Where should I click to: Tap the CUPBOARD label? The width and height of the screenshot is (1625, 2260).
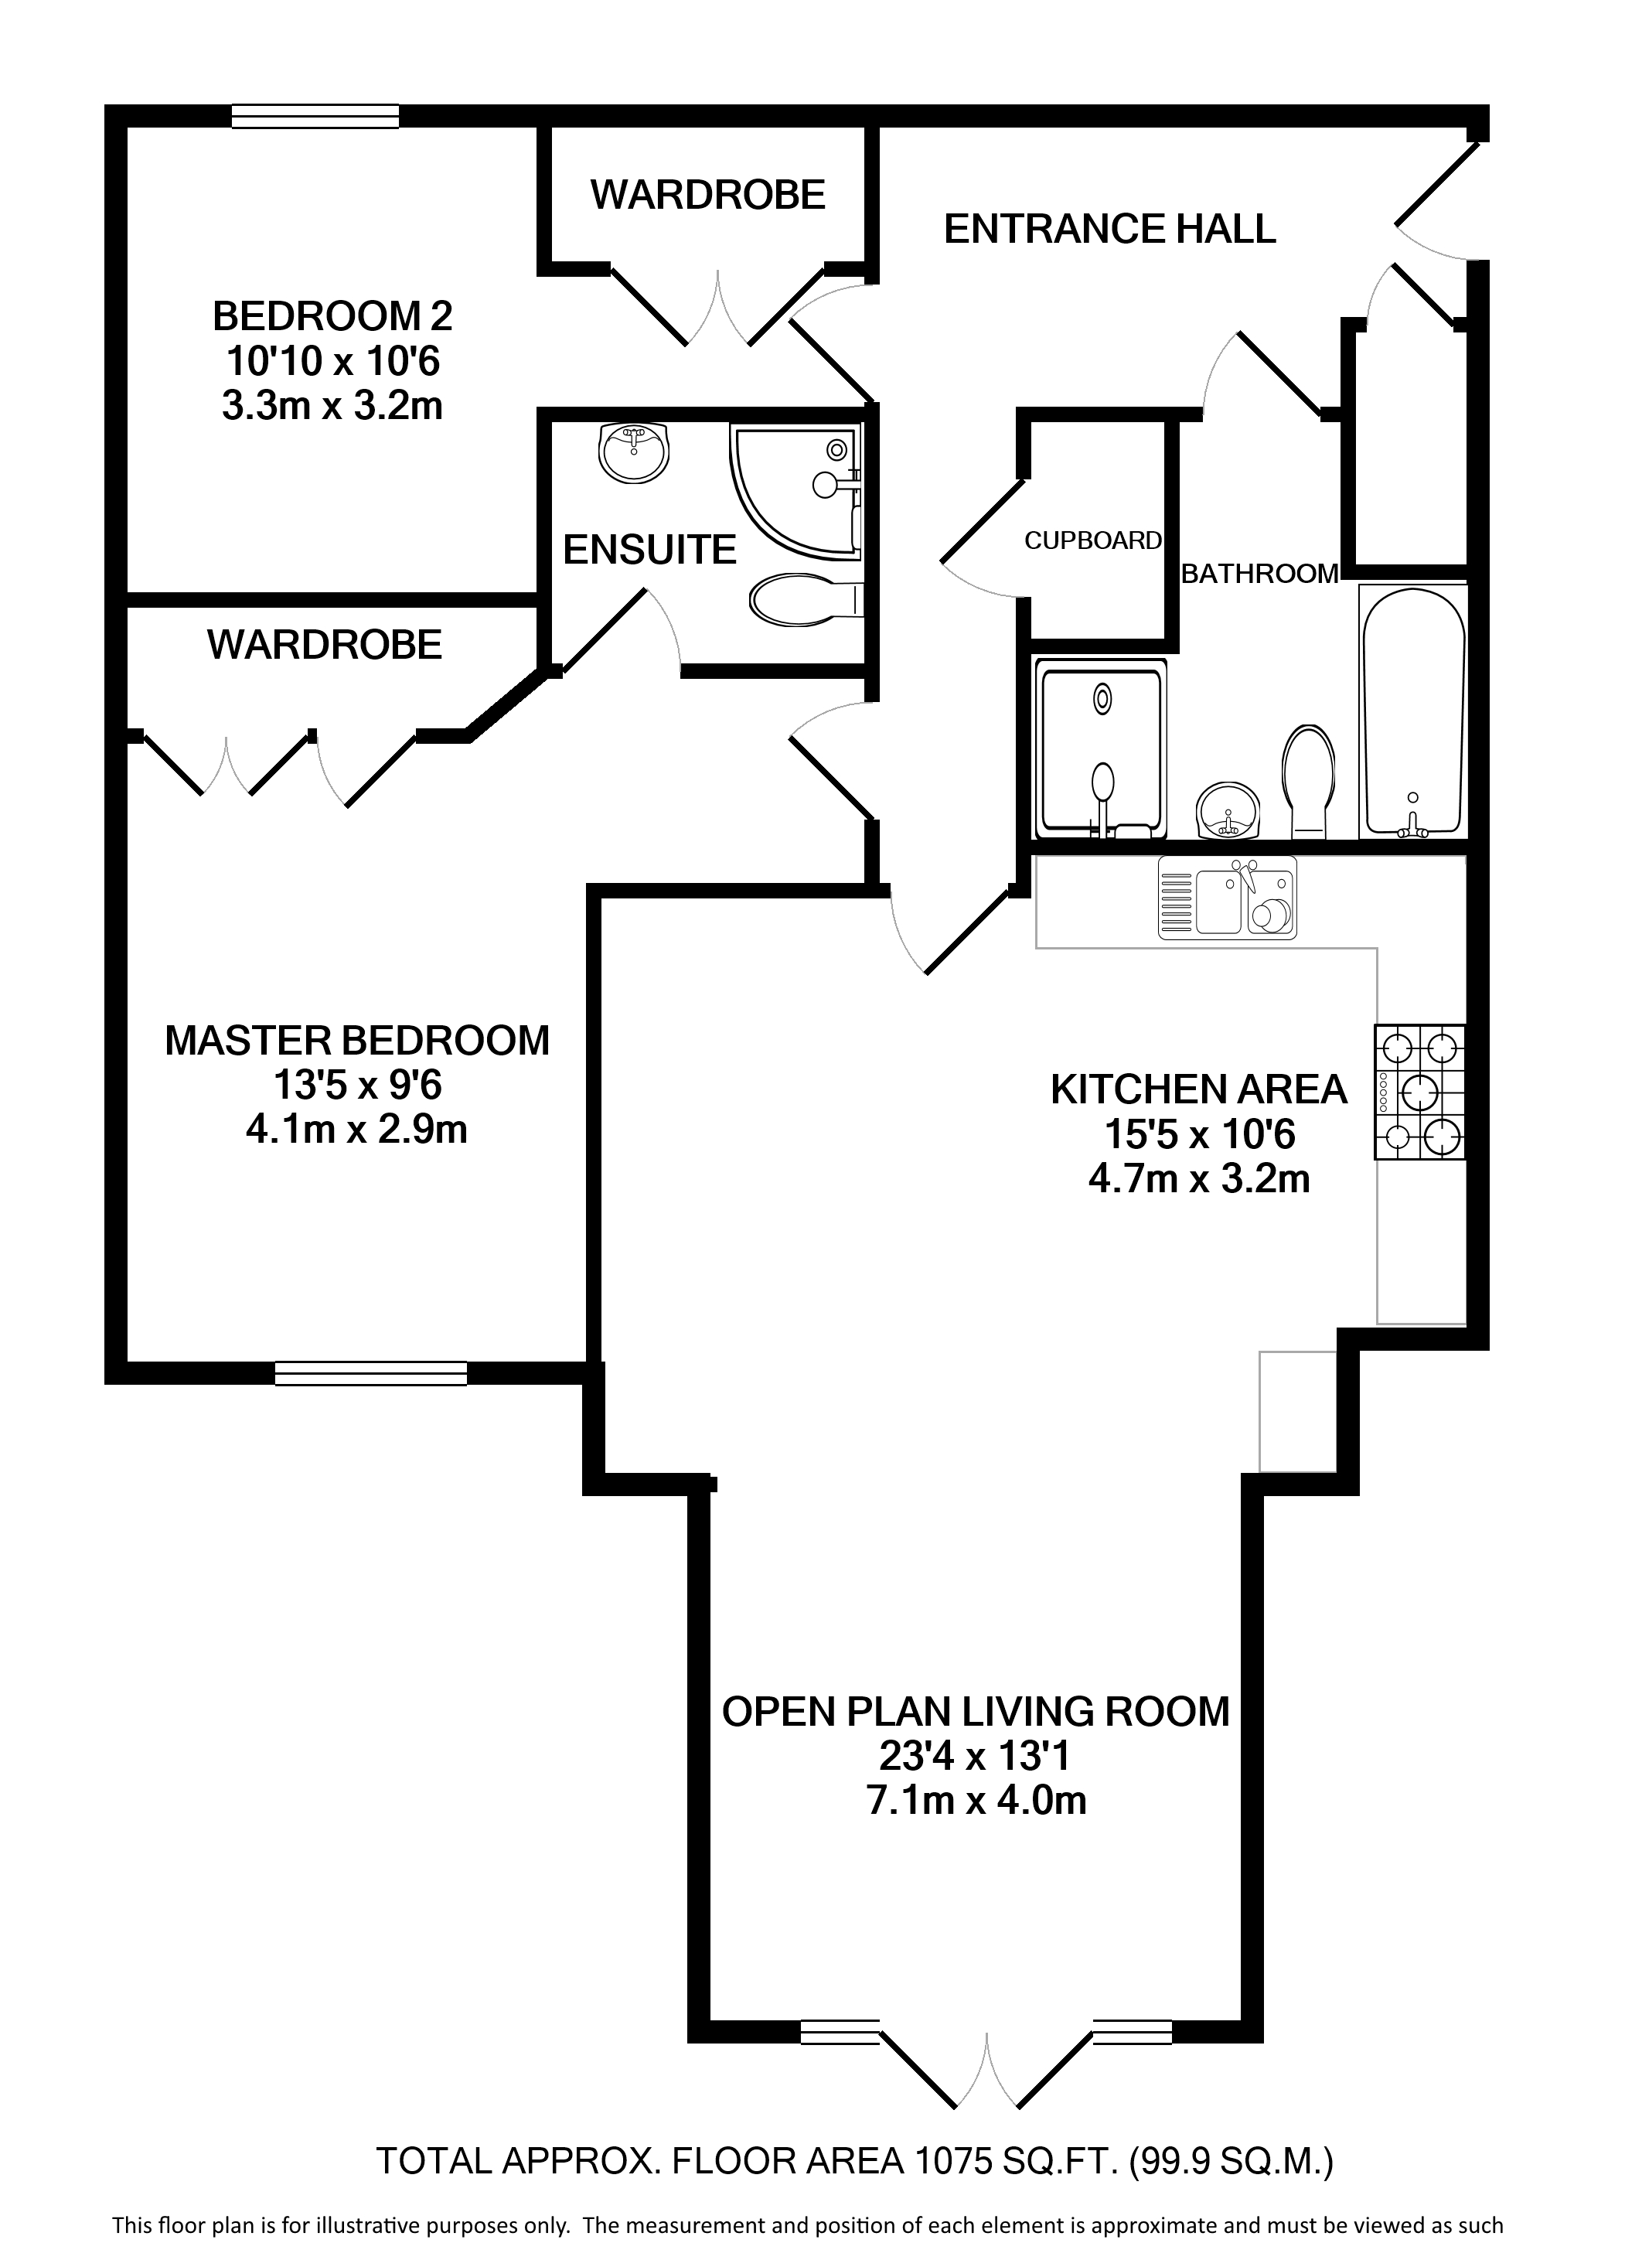(x=1093, y=540)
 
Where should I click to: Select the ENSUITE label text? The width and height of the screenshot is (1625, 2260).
(x=649, y=550)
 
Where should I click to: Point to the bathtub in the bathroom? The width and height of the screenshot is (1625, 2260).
(x=1412, y=711)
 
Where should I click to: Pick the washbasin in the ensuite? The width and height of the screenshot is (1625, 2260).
(x=634, y=452)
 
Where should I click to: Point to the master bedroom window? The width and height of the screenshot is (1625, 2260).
(x=370, y=1373)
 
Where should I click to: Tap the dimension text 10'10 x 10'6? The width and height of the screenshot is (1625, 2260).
(x=332, y=362)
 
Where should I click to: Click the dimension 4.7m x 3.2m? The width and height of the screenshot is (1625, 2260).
(x=1198, y=1179)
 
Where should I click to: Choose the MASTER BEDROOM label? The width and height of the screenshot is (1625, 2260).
(x=356, y=1041)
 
